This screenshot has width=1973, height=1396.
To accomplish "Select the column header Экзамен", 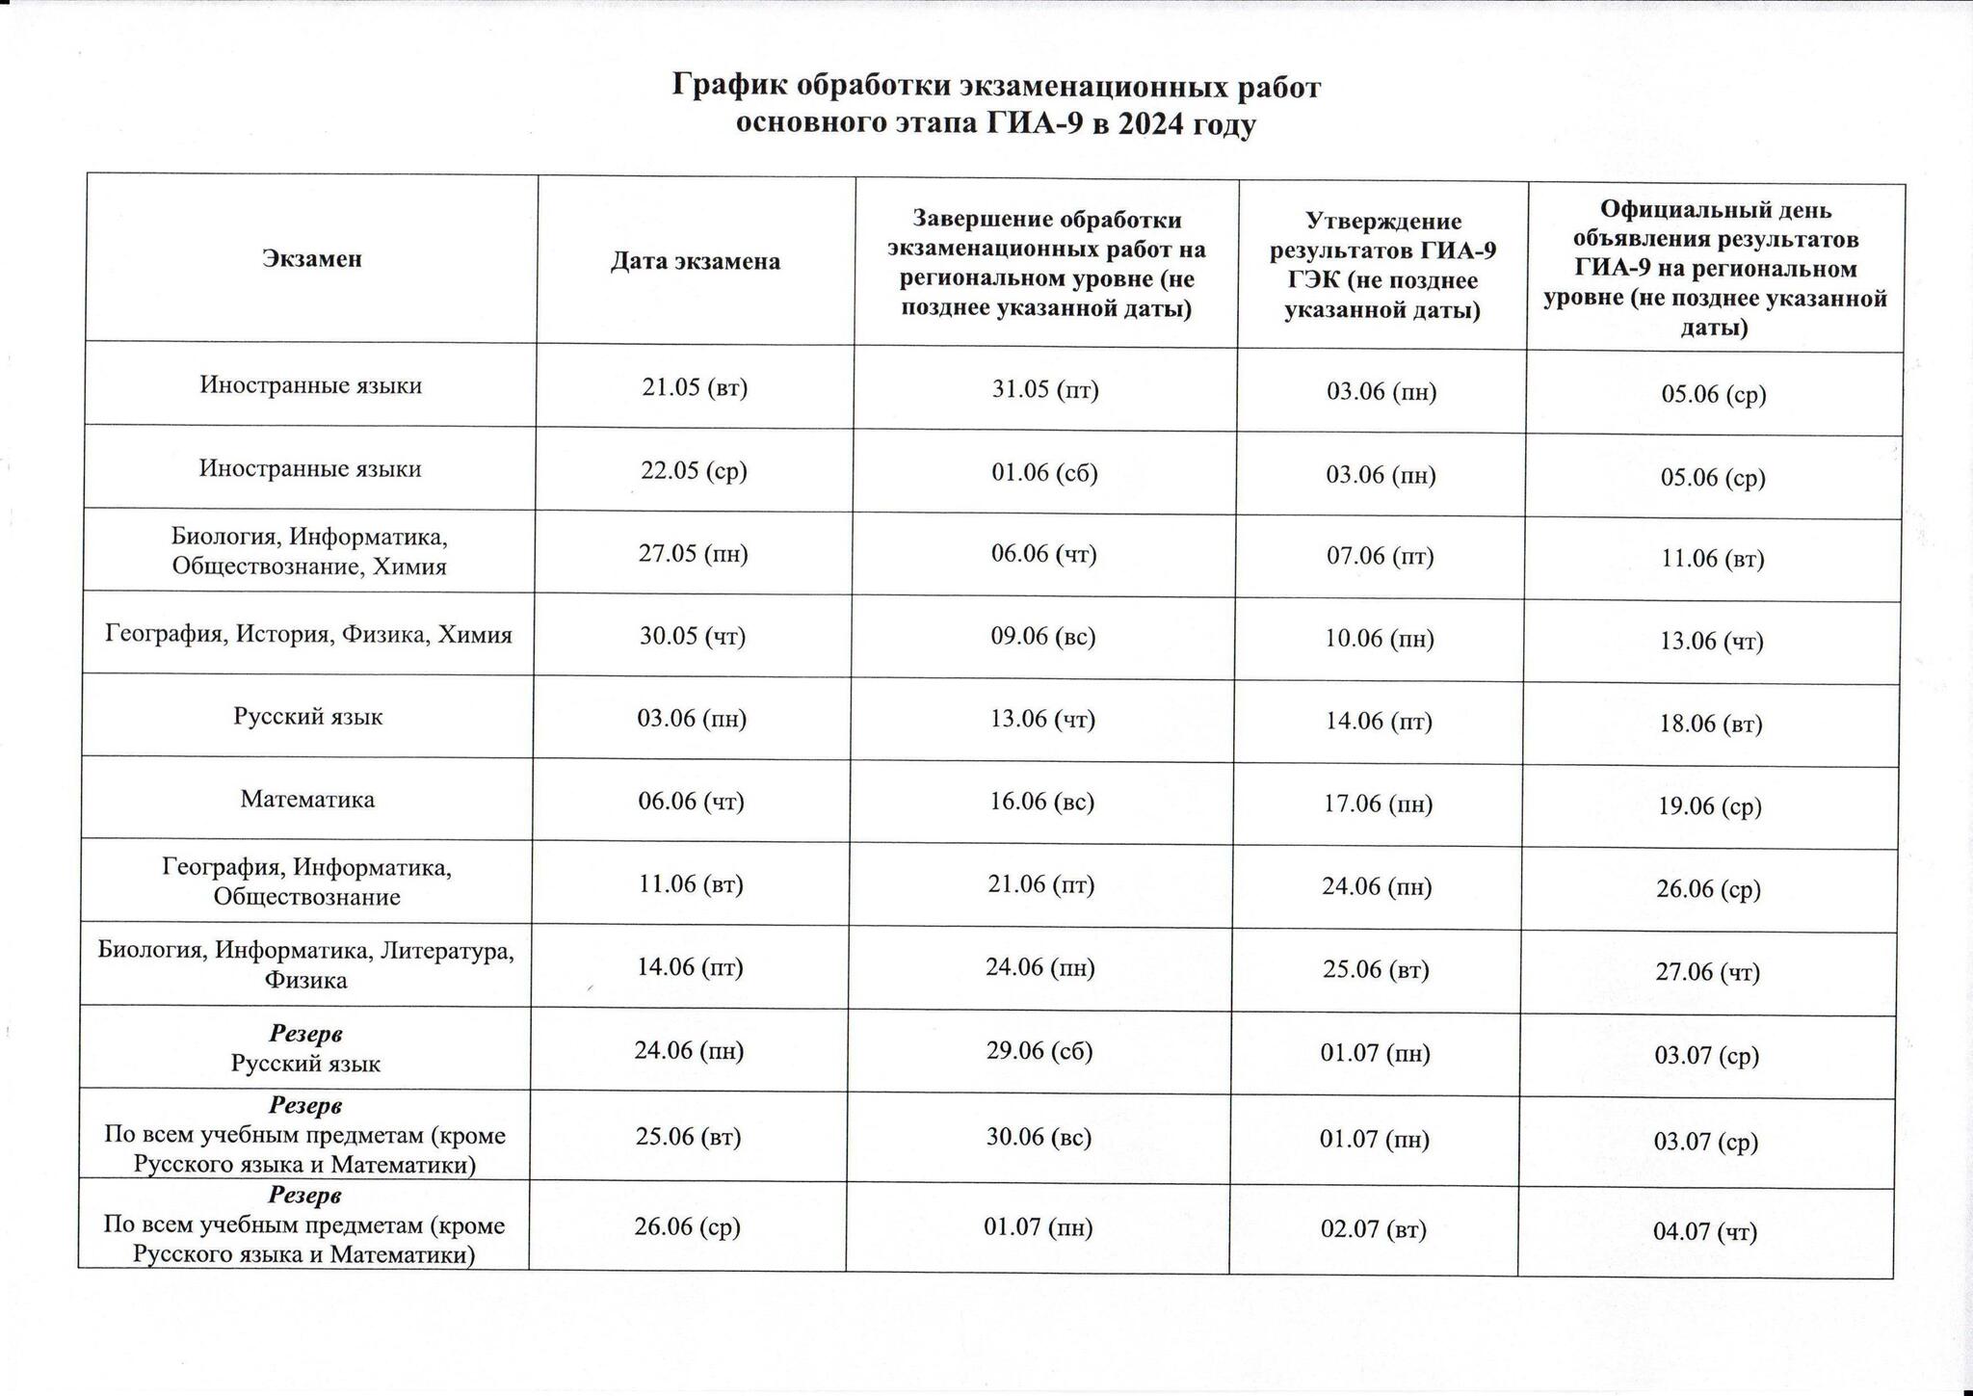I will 312,258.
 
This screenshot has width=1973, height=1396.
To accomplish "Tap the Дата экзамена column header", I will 695,261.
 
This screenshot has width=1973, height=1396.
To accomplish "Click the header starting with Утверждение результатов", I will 1382,266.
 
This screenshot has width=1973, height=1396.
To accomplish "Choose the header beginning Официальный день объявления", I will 1715,268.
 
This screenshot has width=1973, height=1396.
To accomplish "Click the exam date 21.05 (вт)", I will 695,387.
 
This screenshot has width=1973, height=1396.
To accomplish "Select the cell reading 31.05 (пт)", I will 1045,390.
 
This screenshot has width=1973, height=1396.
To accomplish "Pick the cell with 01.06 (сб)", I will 1044,473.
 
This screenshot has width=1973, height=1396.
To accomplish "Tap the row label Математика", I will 307,799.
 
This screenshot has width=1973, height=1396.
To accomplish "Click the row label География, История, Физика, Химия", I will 308,634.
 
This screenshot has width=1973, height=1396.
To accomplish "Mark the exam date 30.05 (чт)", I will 693,636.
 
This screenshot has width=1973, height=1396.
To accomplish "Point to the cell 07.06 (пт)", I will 1381,556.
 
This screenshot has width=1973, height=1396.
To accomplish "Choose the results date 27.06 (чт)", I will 1708,972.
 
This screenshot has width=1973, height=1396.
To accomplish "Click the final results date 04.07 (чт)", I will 1705,1231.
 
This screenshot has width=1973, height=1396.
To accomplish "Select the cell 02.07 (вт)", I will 1374,1229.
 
